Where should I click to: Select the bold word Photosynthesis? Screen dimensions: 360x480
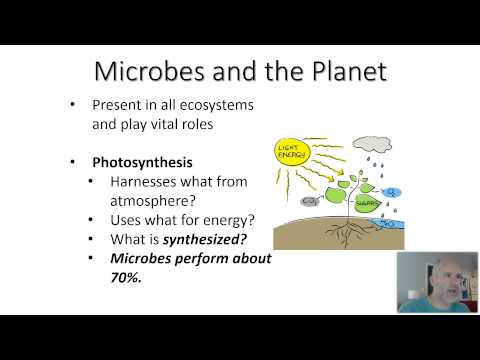(144, 161)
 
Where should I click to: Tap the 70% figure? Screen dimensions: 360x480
(128, 281)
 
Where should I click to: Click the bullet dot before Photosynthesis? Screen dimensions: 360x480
(73, 161)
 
